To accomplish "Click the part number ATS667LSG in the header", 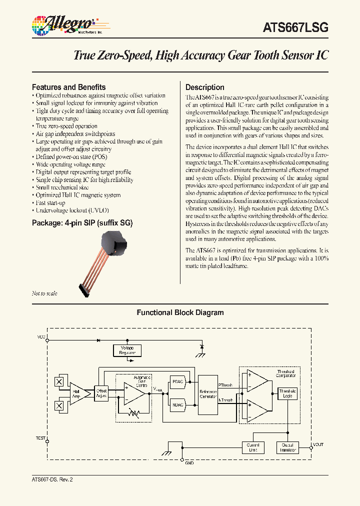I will (x=295, y=28).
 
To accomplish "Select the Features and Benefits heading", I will (x=69, y=86).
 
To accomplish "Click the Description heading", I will (x=205, y=87).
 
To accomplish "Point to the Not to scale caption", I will (x=44, y=293).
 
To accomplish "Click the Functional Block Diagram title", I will (x=180, y=312).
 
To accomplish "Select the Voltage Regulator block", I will (x=127, y=350).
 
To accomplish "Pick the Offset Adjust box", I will (x=102, y=393).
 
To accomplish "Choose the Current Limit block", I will (x=252, y=447).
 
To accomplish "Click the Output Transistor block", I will (x=287, y=447).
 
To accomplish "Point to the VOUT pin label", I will (x=318, y=444).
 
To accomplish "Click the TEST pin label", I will (x=40, y=438).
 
